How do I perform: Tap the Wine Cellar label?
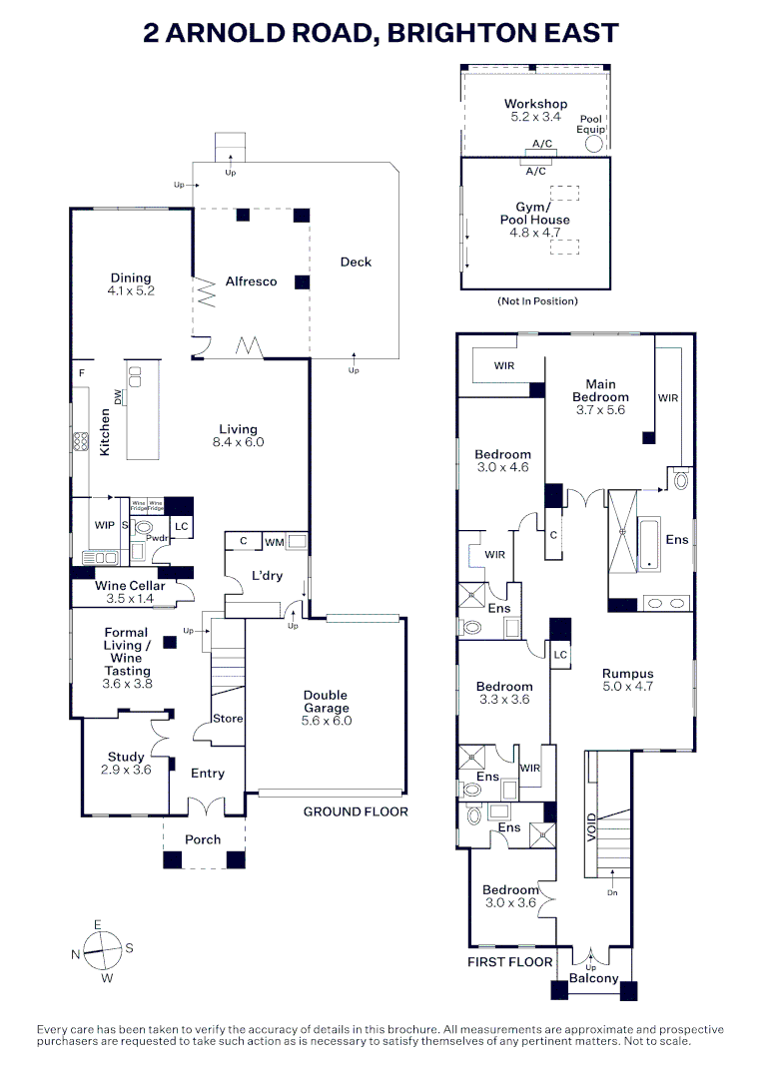click(130, 586)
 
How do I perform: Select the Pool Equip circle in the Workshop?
click(594, 144)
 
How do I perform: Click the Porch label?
click(203, 839)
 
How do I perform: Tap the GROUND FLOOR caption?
click(356, 811)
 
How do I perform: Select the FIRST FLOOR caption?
click(510, 962)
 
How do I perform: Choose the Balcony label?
click(593, 978)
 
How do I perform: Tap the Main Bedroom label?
click(600, 390)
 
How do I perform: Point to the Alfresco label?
click(251, 281)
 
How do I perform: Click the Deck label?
click(356, 262)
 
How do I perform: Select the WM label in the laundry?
click(275, 542)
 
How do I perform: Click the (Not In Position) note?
click(536, 301)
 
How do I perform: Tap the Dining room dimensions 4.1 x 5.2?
click(131, 291)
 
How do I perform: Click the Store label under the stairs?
click(228, 719)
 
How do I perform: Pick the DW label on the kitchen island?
click(119, 397)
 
